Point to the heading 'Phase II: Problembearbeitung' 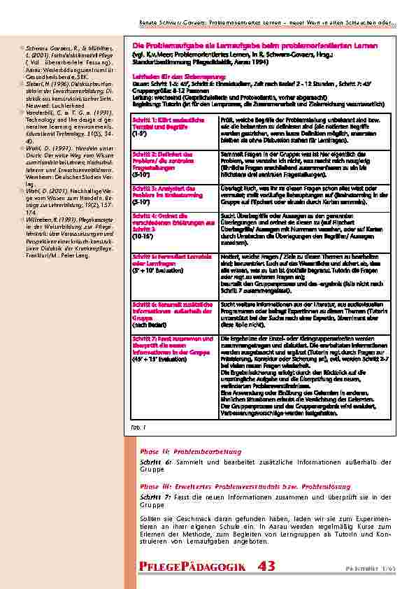191,452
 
